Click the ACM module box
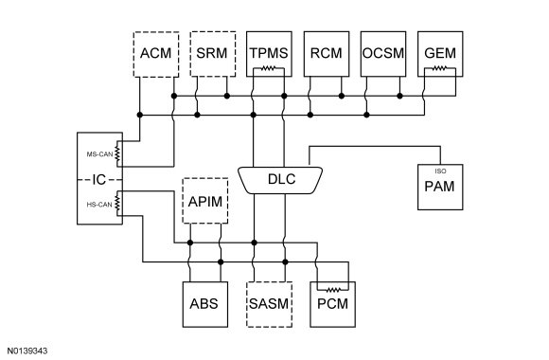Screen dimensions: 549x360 156,54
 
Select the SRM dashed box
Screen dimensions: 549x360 213,54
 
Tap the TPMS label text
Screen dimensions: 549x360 269,53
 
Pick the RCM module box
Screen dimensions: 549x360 327,54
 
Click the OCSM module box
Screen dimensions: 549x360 383,54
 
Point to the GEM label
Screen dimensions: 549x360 440,53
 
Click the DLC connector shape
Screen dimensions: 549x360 280,180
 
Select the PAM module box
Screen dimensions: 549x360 440,188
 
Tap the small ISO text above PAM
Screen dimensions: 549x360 440,171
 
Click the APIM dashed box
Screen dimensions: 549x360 205,201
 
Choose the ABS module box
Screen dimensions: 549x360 205,305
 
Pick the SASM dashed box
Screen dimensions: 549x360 269,305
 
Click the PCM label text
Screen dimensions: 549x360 332,304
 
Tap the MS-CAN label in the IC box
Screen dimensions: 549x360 99,154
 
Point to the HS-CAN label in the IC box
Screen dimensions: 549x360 99,205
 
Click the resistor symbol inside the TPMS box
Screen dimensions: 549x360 269,68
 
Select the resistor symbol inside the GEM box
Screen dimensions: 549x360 440,68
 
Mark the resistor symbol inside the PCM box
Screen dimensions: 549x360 333,290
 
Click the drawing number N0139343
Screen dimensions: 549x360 27,351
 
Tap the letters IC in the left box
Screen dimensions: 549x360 99,180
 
